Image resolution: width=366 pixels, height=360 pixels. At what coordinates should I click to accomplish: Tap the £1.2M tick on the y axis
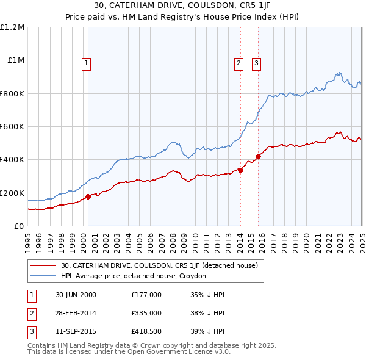tap(12, 27)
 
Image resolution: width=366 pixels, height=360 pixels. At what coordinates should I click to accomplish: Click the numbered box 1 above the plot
tap(86, 62)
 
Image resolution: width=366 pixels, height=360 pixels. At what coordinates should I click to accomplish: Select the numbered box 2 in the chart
tap(239, 62)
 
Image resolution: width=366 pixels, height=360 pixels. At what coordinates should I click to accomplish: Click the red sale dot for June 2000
tap(88, 196)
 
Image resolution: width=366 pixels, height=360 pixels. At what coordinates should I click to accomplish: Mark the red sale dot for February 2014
tap(240, 170)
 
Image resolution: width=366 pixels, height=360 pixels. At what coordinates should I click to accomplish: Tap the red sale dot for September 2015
tap(258, 156)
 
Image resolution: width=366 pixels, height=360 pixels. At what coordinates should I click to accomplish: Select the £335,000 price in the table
tap(146, 314)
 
